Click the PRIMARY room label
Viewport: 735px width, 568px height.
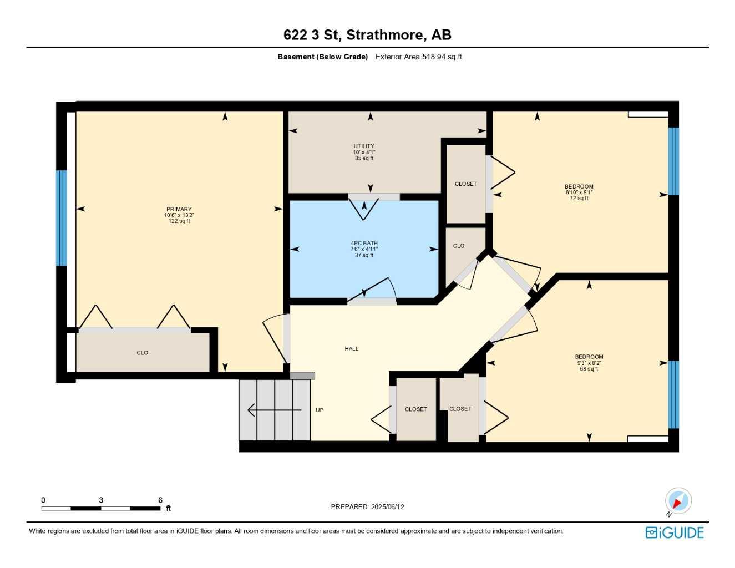[179, 210]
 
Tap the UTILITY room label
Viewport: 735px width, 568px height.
[364, 146]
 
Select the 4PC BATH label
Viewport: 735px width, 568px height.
[364, 244]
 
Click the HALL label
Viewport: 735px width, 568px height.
[351, 349]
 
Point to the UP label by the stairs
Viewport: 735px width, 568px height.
[320, 410]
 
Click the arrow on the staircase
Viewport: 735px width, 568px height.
[274, 410]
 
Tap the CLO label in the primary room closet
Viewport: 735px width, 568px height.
[142, 353]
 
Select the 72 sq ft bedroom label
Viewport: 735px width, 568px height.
[579, 192]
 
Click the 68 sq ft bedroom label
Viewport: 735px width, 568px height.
[589, 363]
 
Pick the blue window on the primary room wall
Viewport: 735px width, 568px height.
[61, 218]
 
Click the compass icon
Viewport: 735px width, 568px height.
[678, 501]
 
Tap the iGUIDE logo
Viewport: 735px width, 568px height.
[675, 532]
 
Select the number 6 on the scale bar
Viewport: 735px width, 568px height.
[160, 500]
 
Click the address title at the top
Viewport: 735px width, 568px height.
[367, 35]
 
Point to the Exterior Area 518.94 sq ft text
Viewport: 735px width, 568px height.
[418, 57]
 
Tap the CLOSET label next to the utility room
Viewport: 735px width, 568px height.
[465, 184]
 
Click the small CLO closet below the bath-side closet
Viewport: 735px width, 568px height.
[459, 246]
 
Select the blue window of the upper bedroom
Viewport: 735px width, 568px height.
[673, 161]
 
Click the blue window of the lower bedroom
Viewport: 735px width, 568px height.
[673, 395]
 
